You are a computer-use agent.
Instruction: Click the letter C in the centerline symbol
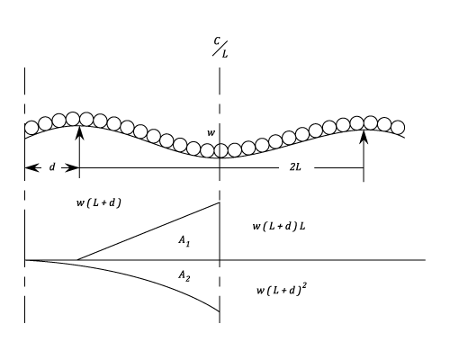217,40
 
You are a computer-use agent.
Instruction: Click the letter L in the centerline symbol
225,54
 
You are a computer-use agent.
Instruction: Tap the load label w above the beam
211,133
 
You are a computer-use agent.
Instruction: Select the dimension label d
52,166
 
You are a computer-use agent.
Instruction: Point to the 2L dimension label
295,166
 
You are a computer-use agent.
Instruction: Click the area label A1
184,240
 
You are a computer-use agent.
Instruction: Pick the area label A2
184,275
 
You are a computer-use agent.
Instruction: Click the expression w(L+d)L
279,227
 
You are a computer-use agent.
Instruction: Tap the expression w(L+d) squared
282,290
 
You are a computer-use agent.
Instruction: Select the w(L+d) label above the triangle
99,203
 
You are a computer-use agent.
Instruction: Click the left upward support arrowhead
79,132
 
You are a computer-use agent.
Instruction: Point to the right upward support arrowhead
364,136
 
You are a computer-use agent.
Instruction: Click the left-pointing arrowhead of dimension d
32,168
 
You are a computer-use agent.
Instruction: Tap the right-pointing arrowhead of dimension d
72,168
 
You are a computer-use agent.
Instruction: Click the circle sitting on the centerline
220,150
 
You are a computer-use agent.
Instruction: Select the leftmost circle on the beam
31,128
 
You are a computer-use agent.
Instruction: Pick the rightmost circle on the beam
398,127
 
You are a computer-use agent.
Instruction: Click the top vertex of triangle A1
220,202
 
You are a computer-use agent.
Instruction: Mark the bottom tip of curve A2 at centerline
220,311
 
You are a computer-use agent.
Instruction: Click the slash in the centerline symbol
220,49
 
